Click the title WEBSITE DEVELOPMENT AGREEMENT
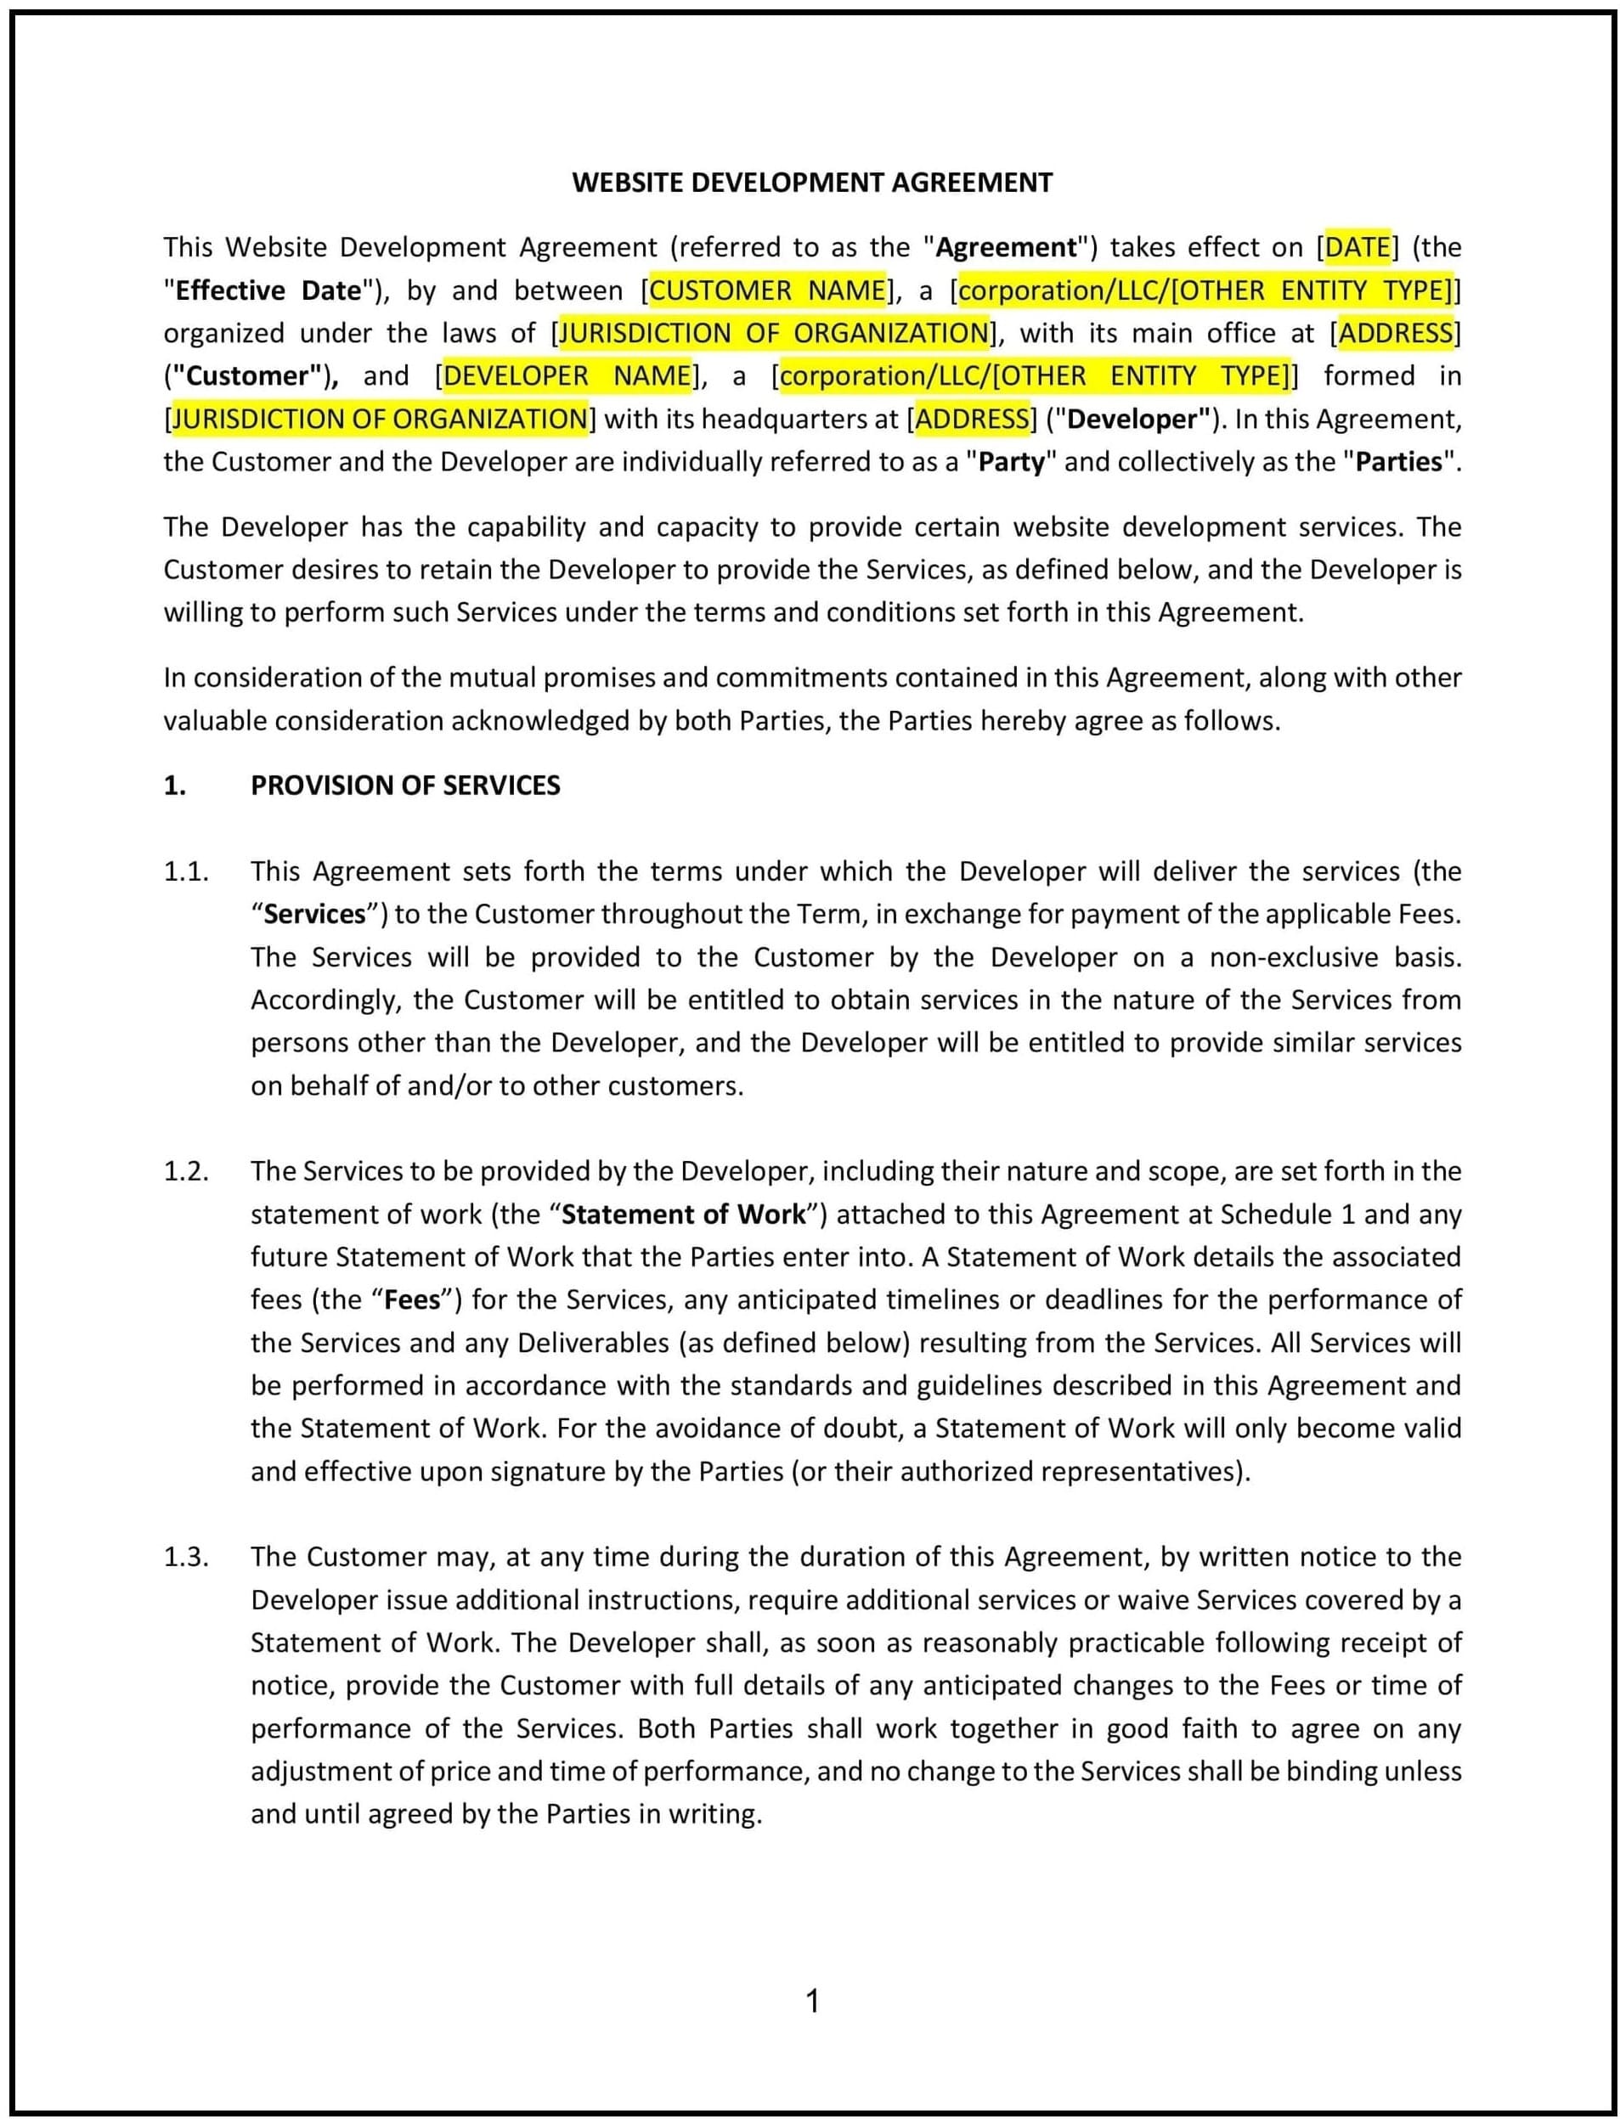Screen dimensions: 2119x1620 coord(812,183)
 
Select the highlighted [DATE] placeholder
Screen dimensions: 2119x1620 coord(1358,248)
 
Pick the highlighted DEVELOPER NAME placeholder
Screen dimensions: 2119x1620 coord(567,376)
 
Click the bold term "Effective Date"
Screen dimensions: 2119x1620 coord(268,291)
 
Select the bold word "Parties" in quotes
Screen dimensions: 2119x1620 coord(1398,462)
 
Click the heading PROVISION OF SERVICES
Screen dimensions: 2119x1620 coord(405,786)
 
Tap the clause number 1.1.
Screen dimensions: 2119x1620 coord(186,871)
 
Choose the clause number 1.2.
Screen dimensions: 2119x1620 coord(186,1171)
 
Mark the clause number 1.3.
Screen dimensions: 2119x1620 coord(186,1557)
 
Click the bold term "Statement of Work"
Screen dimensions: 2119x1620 coord(684,1214)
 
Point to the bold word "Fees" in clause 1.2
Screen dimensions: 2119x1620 coord(412,1300)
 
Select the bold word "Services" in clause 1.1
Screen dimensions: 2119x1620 coord(314,915)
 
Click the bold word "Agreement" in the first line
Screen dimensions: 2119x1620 coord(1006,248)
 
